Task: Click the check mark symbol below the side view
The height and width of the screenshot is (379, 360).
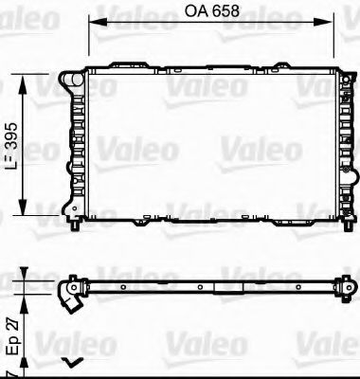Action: [70, 362]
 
